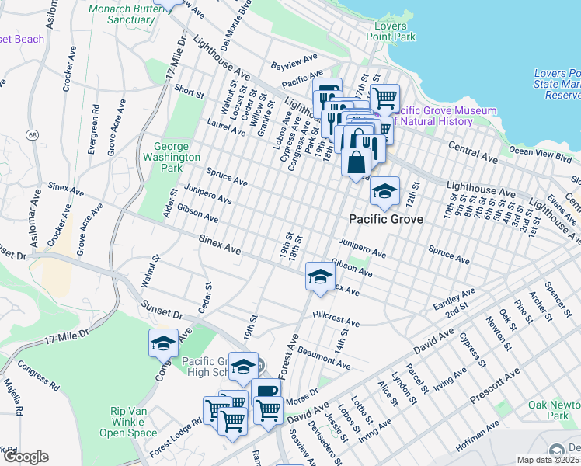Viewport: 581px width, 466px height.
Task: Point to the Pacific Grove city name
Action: click(x=385, y=220)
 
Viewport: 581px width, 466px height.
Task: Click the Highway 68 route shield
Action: click(x=31, y=136)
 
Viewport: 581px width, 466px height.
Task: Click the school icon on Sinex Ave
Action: click(x=319, y=276)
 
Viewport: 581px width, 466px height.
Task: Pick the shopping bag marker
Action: click(x=356, y=163)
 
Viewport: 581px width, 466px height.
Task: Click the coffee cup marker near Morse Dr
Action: click(x=266, y=392)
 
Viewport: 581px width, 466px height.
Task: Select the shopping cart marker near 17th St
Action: click(x=384, y=98)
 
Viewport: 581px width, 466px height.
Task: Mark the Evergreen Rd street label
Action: click(x=93, y=129)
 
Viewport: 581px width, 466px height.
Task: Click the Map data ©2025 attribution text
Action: click(x=548, y=460)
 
